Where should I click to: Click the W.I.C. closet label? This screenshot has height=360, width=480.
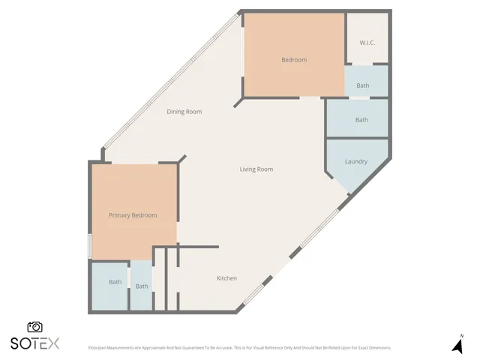(x=367, y=43)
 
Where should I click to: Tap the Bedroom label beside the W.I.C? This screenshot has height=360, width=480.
(x=294, y=60)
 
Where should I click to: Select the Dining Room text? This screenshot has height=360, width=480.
(x=184, y=112)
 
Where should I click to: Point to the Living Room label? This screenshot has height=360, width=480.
(x=256, y=169)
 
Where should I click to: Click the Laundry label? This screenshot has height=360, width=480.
(x=355, y=162)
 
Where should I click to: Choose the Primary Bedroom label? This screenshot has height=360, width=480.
(x=133, y=215)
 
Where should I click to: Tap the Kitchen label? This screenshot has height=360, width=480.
(x=226, y=278)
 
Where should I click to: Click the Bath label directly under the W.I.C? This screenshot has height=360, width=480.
(x=362, y=85)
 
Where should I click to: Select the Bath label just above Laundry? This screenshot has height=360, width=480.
(x=361, y=120)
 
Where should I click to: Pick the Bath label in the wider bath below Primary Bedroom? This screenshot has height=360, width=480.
(x=115, y=282)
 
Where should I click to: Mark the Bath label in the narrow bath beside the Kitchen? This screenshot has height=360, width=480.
(x=142, y=286)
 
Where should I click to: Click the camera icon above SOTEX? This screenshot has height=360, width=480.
(x=34, y=327)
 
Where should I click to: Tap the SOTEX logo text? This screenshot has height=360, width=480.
(x=34, y=343)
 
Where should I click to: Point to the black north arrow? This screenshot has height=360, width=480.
(x=457, y=346)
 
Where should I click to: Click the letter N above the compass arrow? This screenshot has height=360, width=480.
(x=461, y=335)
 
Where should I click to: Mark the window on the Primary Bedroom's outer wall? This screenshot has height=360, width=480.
(x=89, y=245)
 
